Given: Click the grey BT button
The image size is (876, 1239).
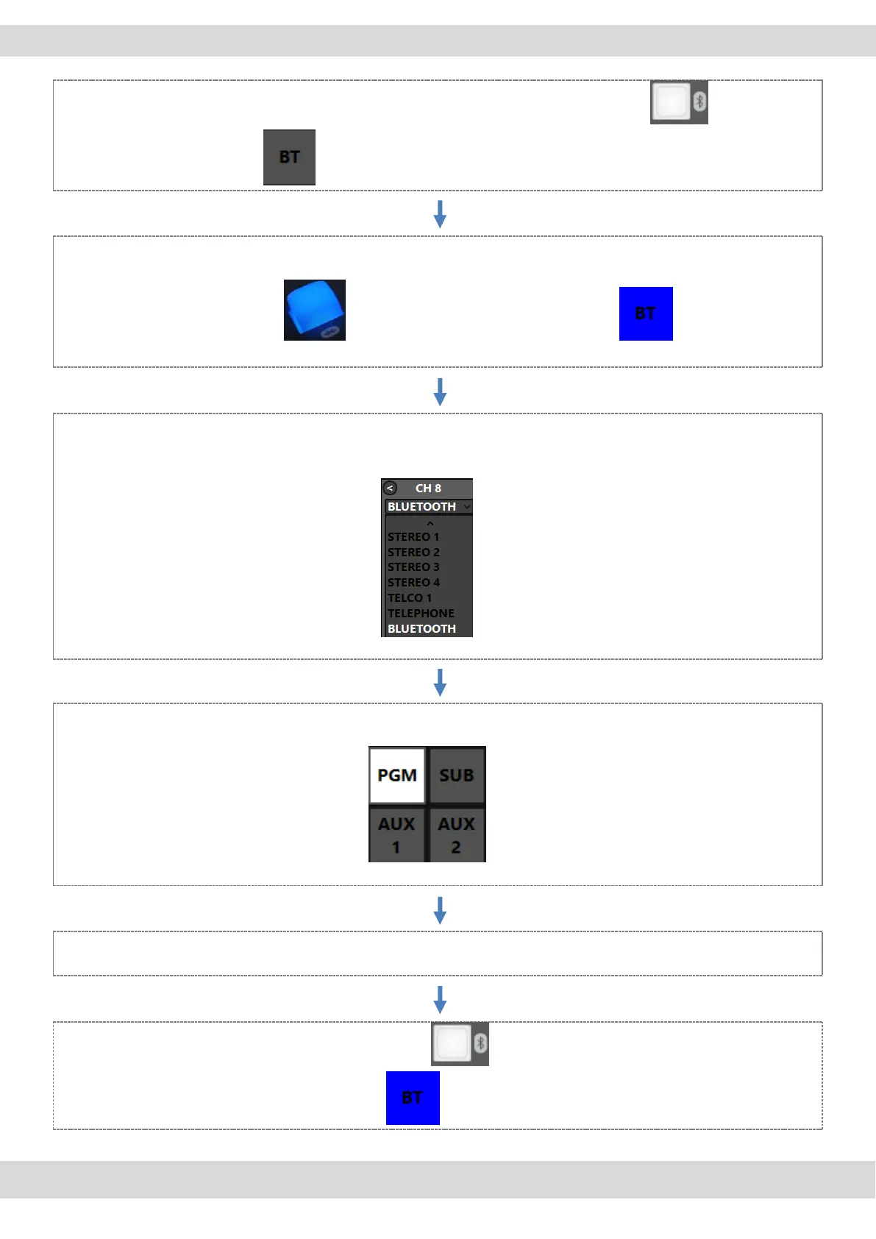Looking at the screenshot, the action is (289, 157).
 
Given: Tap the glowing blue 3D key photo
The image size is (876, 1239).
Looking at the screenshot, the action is (314, 310).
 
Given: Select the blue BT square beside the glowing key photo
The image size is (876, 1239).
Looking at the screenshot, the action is (646, 313).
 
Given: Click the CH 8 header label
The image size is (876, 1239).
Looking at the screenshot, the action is (428, 488).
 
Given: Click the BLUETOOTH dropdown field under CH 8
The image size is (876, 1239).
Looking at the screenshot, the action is (422, 506).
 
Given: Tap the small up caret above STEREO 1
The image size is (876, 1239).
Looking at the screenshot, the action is (430, 522).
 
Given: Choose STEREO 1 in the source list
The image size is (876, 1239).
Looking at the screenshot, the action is (413, 536).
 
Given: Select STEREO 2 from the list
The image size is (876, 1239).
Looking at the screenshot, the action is (413, 552).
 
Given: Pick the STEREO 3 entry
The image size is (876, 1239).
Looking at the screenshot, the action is (413, 567).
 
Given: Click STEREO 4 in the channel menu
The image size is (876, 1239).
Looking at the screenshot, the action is (413, 582).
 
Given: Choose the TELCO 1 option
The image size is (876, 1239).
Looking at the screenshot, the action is (410, 597).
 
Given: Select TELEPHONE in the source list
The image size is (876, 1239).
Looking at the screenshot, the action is (421, 613).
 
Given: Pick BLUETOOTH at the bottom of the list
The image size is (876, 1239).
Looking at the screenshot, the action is (421, 628).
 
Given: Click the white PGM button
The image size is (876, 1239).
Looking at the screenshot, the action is (397, 775).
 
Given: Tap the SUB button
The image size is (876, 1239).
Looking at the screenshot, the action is (456, 775).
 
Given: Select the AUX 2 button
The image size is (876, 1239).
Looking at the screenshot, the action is (456, 835).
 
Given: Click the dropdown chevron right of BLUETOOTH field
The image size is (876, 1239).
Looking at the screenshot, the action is (466, 506).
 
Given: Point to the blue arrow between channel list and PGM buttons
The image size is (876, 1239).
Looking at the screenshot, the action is (440, 682).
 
